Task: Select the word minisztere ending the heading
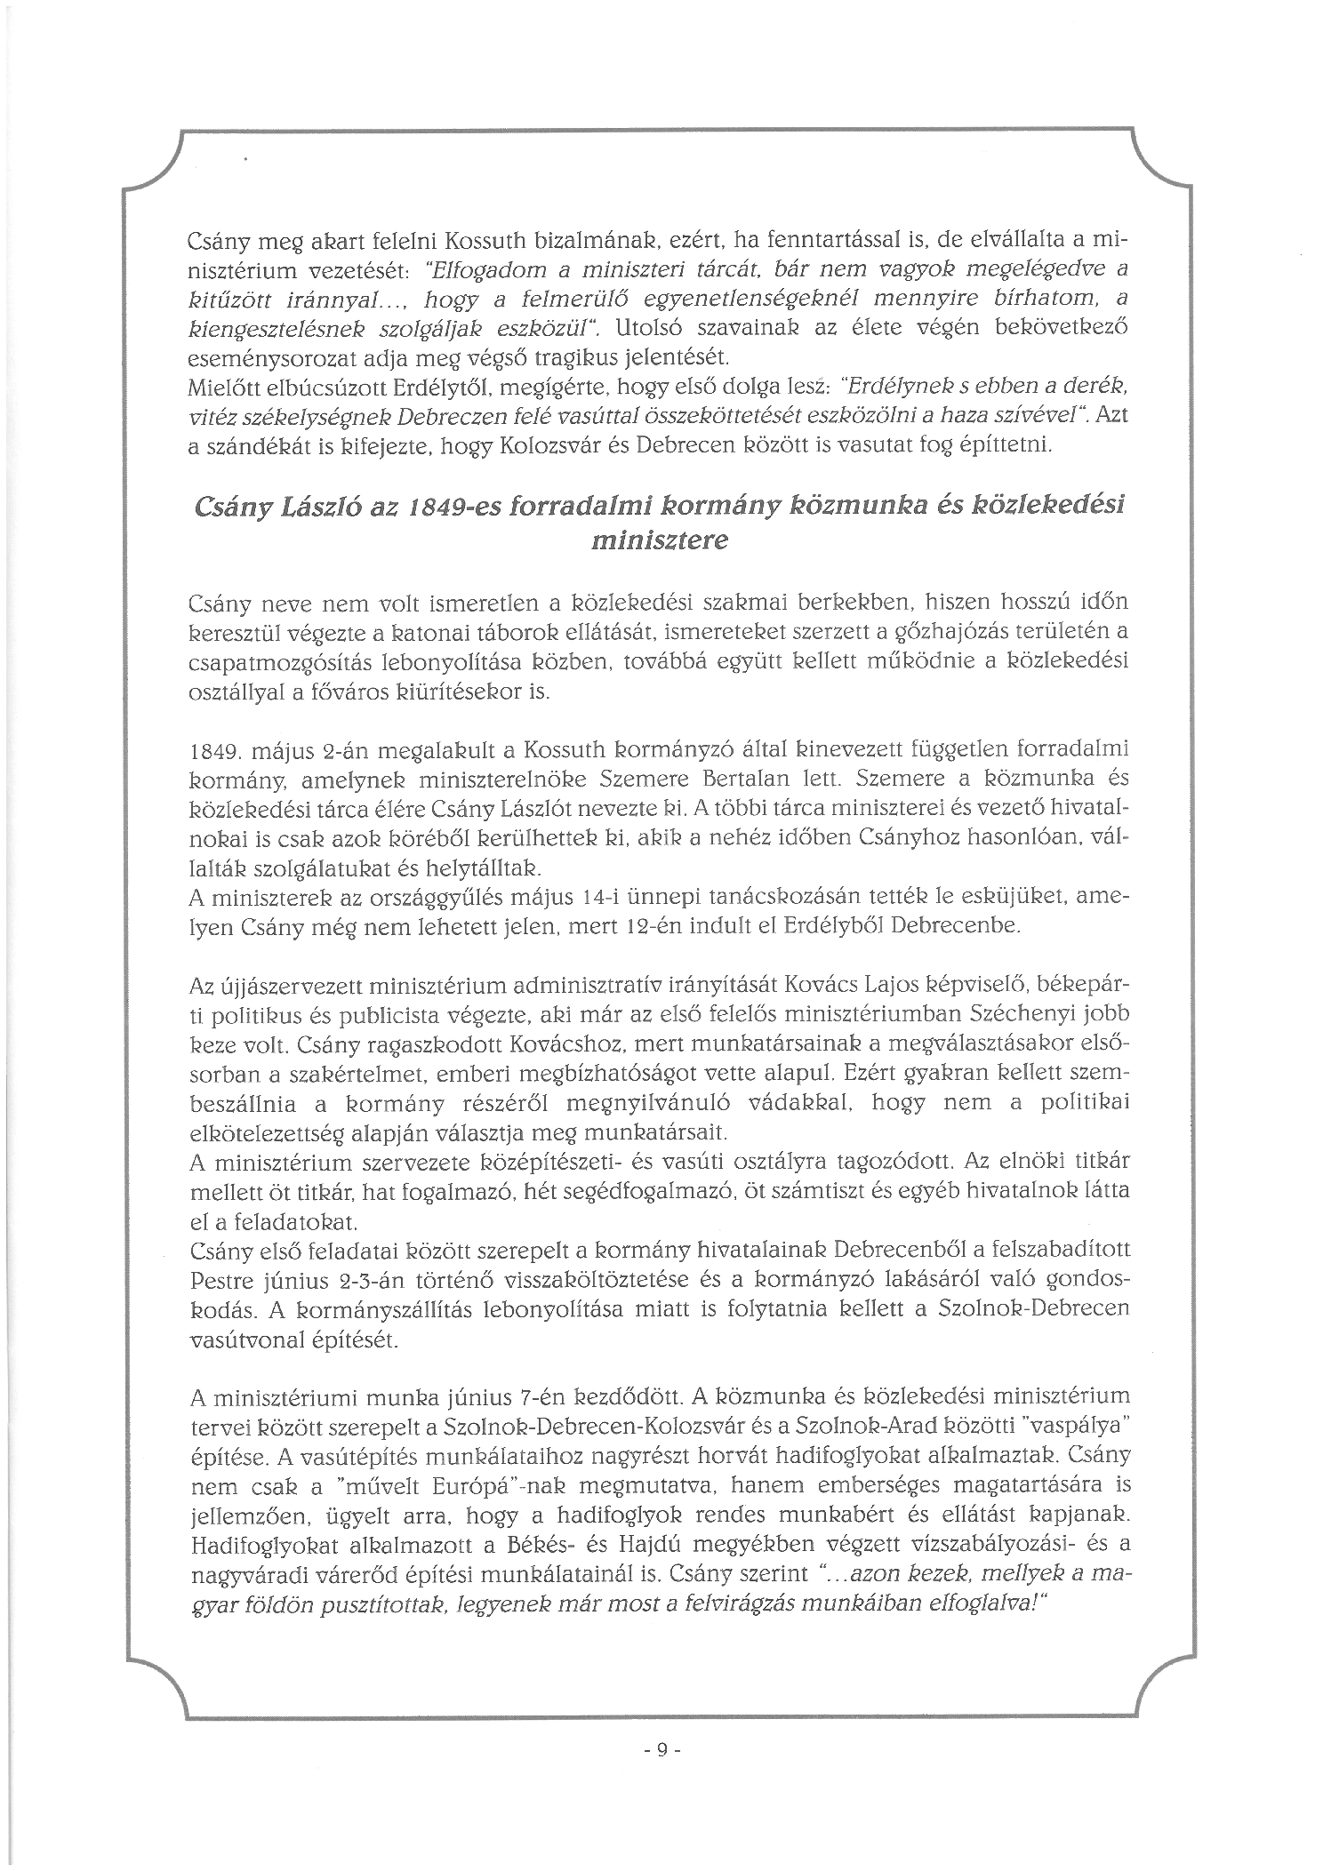click(659, 540)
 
